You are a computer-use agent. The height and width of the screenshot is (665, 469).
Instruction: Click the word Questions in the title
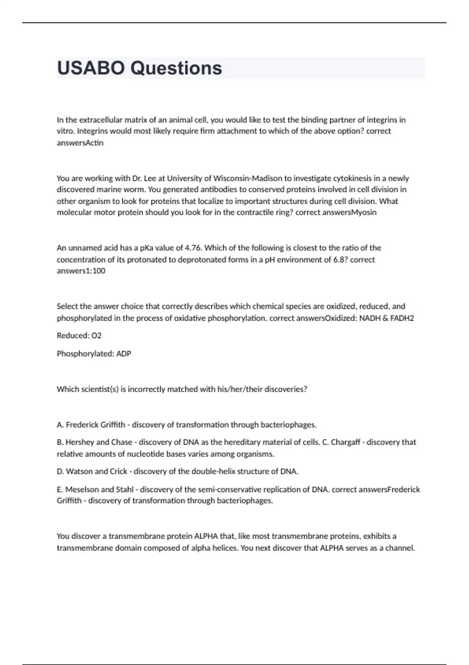pyautogui.click(x=176, y=68)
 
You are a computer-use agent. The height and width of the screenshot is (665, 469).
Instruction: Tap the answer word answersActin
pyautogui.click(x=80, y=143)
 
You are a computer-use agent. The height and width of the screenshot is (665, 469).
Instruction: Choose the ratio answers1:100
pyautogui.click(x=81, y=271)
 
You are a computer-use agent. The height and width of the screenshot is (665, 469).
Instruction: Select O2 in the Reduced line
pyautogui.click(x=96, y=336)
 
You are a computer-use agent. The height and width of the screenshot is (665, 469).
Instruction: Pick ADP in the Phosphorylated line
pyautogui.click(x=124, y=354)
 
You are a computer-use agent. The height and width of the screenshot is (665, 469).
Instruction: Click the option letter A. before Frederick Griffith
pyautogui.click(x=60, y=425)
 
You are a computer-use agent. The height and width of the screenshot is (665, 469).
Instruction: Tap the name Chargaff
pyautogui.click(x=345, y=442)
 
